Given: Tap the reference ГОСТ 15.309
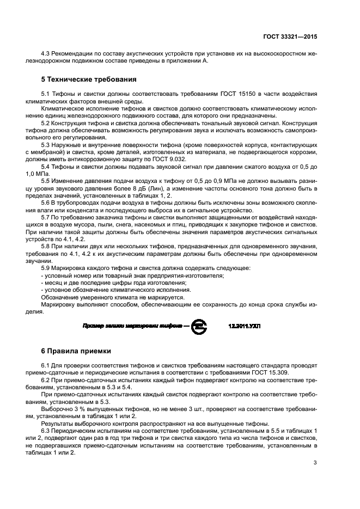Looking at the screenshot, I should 276,371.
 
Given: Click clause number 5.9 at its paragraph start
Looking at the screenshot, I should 46,268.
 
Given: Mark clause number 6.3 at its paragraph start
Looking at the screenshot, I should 46,431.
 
